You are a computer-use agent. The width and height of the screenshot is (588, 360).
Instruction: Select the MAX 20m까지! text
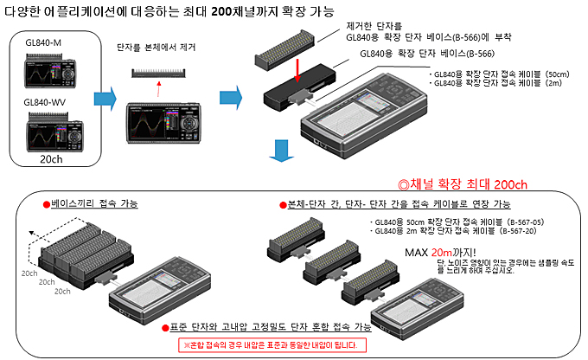coord(434,252)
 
